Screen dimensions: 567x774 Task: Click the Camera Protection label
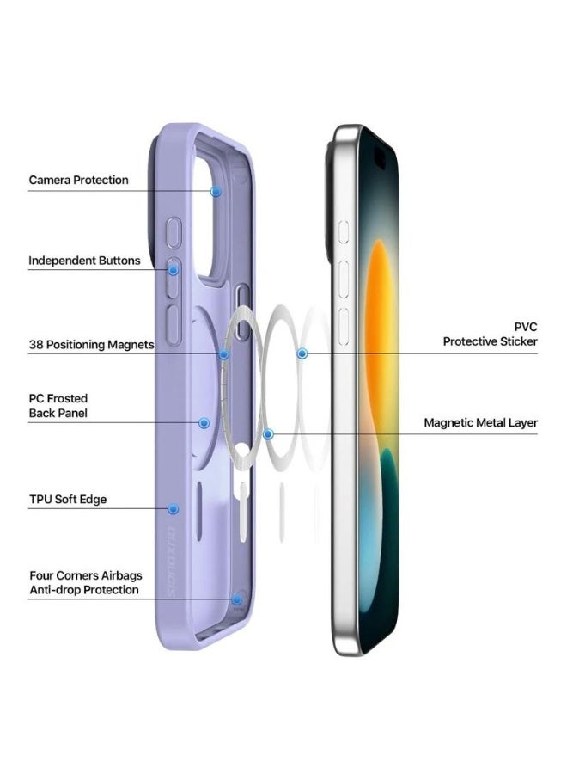coord(78,180)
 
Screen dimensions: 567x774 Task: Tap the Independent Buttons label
coord(84,261)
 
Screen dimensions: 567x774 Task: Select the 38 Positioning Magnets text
coord(91,345)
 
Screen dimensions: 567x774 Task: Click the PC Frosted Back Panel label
coord(58,406)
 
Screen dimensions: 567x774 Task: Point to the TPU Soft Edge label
coord(68,500)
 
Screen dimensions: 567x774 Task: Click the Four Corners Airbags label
coord(86,575)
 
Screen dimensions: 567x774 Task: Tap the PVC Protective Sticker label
coord(491,335)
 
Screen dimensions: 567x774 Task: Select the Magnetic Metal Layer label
coord(480,423)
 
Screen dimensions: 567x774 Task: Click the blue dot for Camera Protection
coord(216,191)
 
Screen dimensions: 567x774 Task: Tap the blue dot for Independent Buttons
coord(174,269)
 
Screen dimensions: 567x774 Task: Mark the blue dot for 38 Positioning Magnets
coord(224,353)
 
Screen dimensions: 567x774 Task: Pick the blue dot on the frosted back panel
coord(204,423)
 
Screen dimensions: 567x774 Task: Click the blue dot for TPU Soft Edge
coord(174,508)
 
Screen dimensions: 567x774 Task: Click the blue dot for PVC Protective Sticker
coord(302,353)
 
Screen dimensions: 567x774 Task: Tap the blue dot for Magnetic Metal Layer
coord(269,434)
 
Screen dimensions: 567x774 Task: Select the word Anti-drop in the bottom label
coord(55,590)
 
